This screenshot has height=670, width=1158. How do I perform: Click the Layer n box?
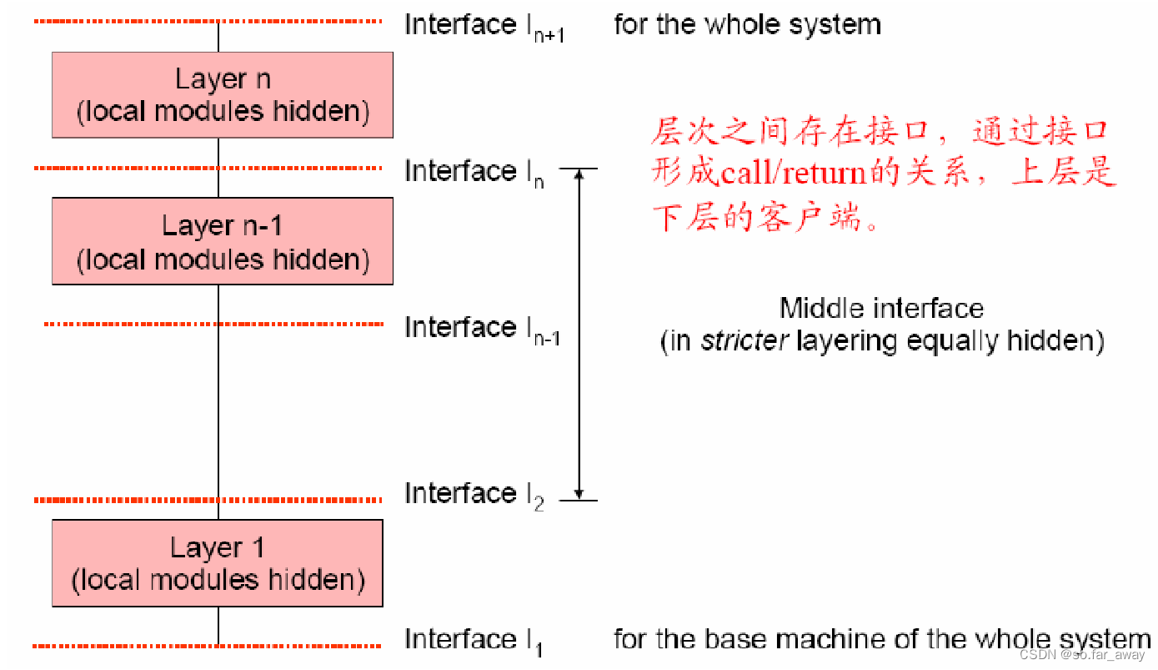coord(223,95)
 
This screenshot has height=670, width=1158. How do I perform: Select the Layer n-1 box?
coord(223,241)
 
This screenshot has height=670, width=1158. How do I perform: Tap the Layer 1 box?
coord(218,563)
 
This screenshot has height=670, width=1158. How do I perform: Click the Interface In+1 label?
coord(484,26)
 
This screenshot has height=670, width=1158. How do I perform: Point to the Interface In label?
coord(474,172)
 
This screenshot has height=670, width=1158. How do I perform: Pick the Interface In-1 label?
coord(482,328)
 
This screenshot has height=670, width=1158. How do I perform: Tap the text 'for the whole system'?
coord(747,24)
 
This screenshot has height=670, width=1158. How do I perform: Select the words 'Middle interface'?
coord(881,309)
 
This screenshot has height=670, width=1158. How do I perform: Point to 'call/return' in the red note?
coord(793,174)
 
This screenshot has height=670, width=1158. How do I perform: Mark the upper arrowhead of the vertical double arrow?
coord(579,175)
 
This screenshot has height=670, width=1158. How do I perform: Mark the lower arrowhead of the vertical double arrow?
coord(579,493)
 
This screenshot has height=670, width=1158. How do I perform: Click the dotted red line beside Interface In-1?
coord(213,324)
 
